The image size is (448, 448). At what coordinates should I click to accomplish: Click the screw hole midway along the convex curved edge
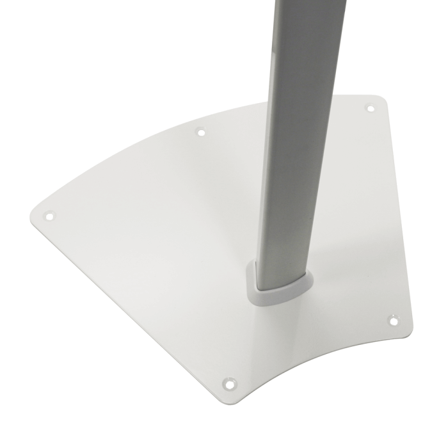coord(200,132)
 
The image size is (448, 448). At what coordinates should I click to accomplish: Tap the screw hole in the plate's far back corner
coord(369,108)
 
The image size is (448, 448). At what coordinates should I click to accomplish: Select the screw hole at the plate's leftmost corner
coord(49,216)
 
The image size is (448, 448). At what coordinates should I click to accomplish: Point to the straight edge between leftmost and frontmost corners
coord(128,307)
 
